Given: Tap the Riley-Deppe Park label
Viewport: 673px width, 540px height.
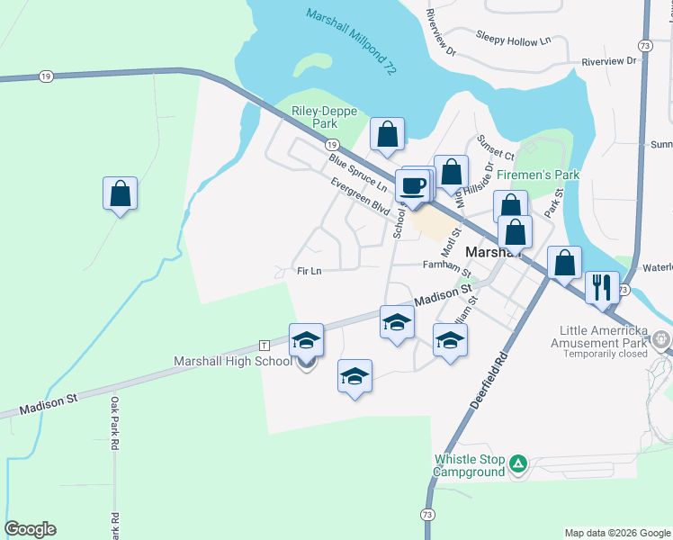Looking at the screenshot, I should tap(325, 117).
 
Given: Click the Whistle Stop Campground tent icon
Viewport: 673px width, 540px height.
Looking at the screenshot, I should tap(517, 464).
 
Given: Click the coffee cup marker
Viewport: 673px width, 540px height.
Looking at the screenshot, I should tap(413, 186).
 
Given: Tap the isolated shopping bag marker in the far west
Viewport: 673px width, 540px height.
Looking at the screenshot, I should tap(120, 193).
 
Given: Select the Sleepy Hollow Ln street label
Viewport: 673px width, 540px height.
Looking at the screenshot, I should tap(513, 41).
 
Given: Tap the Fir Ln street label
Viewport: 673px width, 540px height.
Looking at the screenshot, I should tap(310, 271).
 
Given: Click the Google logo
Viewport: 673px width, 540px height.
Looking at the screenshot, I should tap(30, 529).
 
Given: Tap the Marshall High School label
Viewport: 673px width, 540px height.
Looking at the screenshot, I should tap(233, 361).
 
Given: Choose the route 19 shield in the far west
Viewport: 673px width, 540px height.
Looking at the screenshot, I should tap(45, 77).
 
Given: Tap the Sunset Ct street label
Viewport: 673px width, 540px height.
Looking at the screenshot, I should tap(496, 146).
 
